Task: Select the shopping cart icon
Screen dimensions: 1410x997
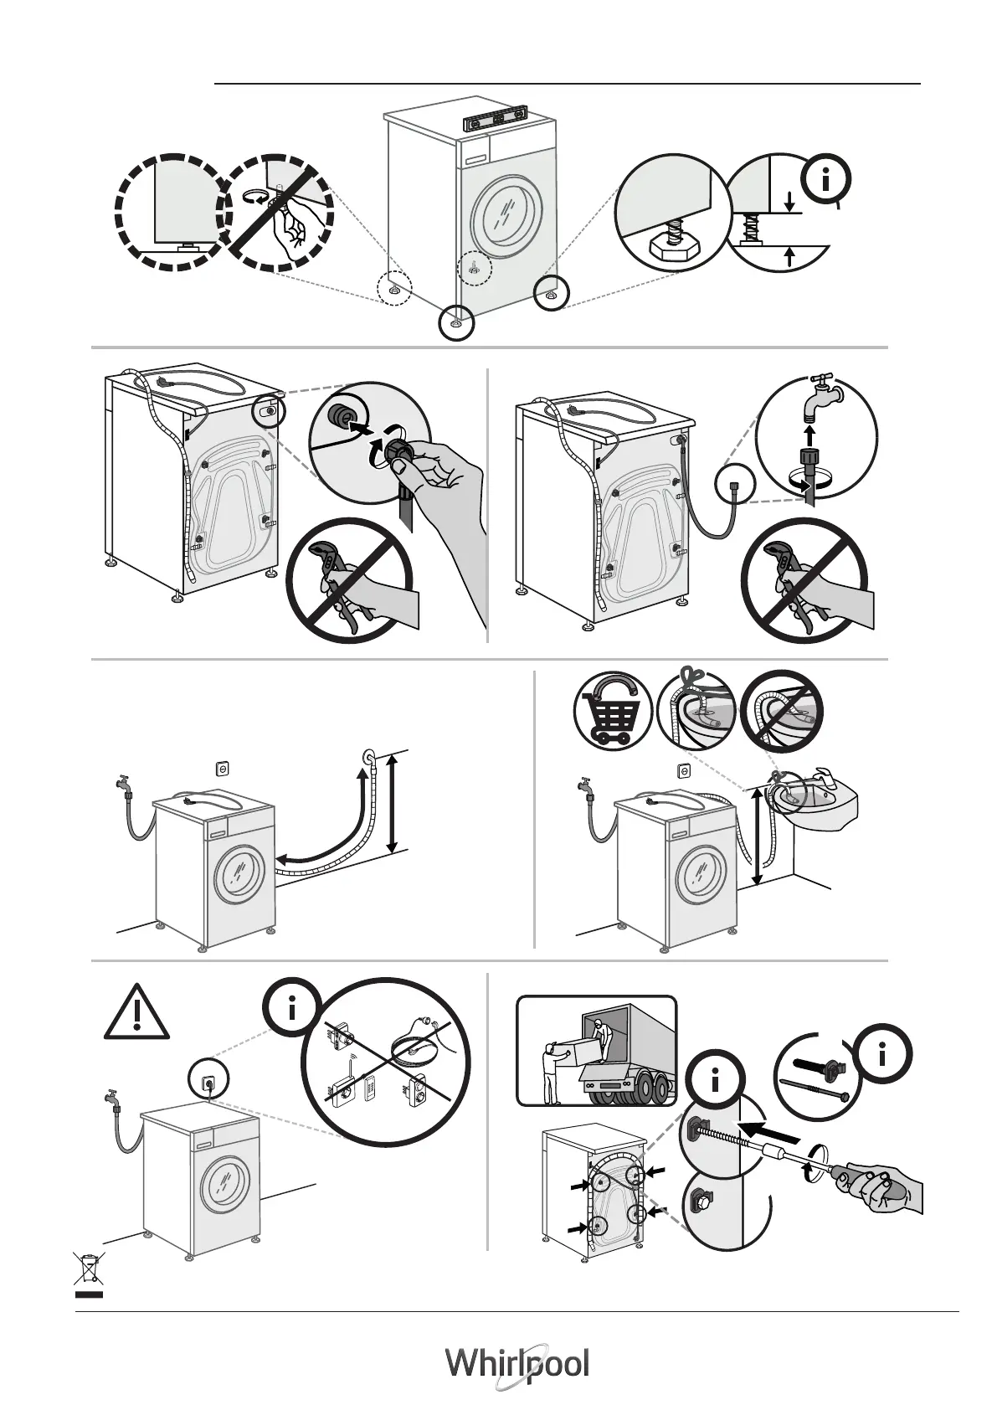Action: point(612,711)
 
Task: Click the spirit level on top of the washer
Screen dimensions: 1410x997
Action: point(497,119)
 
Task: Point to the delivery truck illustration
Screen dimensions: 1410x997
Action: point(596,1050)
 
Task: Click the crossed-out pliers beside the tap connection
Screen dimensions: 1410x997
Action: point(804,580)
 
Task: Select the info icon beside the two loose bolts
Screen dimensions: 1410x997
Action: point(882,1057)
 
